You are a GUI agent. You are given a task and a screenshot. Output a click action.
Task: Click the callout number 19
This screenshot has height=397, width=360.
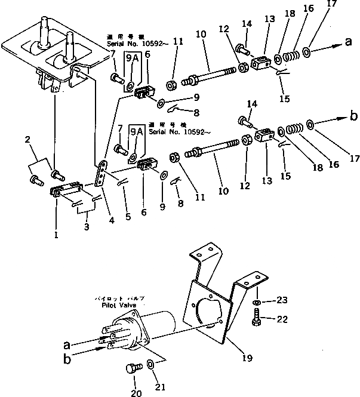tap(247, 359)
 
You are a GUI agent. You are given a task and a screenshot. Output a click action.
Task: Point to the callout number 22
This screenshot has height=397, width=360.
tap(282, 320)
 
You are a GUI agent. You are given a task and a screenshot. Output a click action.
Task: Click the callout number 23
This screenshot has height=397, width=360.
tap(281, 300)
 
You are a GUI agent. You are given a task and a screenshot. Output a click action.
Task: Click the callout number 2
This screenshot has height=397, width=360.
tap(27, 140)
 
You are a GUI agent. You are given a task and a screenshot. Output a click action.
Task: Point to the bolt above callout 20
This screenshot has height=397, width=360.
tap(131, 370)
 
